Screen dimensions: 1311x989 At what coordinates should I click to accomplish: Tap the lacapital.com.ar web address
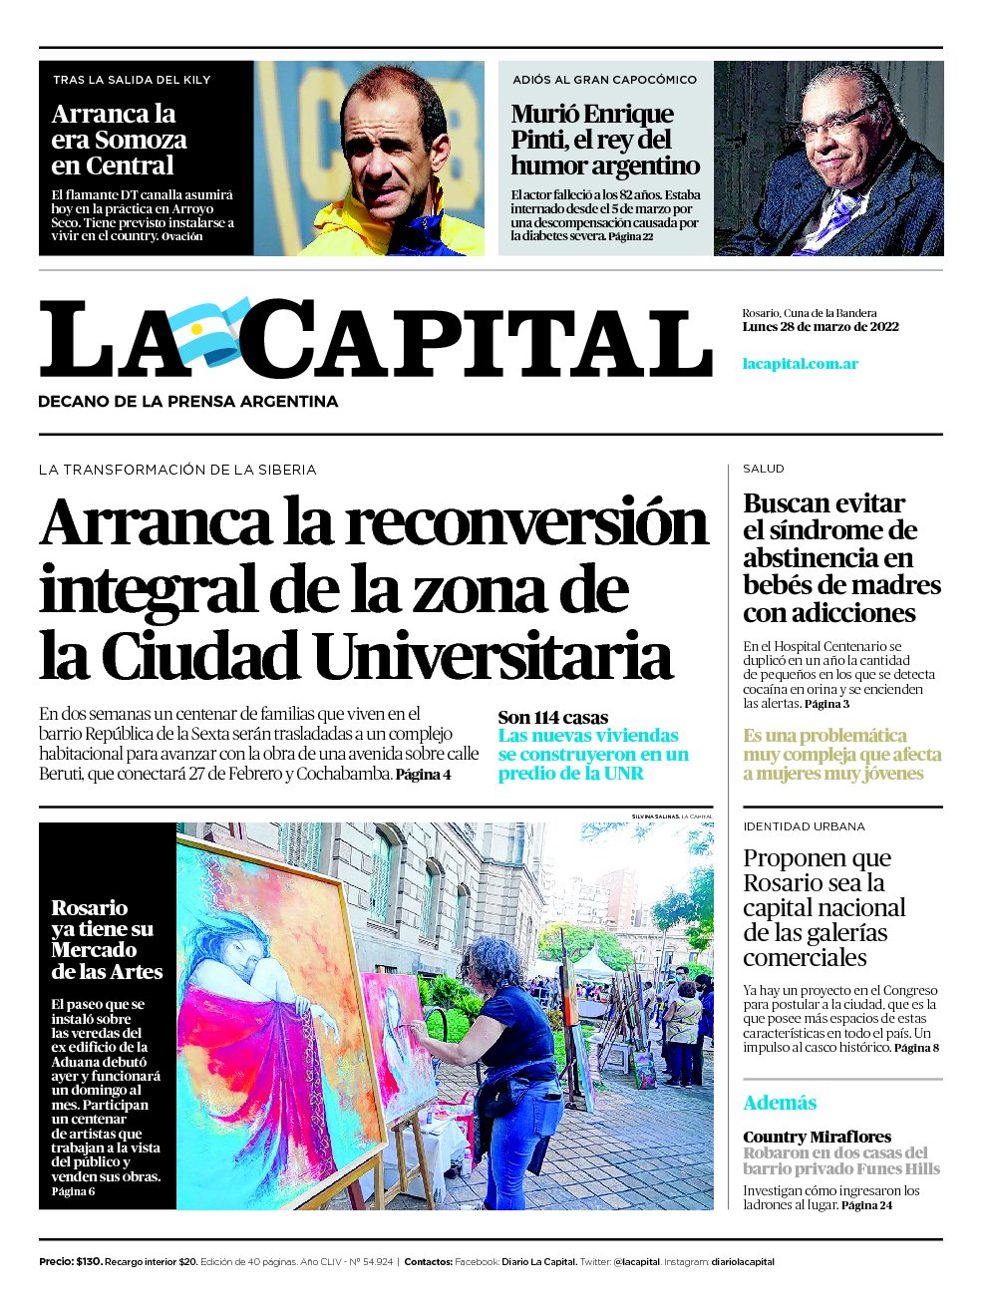tap(801, 363)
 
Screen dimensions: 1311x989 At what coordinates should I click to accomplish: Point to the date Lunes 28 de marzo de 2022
tap(821, 327)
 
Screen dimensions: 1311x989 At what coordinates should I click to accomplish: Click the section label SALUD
tap(764, 469)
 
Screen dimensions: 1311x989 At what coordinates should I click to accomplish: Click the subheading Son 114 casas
tap(553, 717)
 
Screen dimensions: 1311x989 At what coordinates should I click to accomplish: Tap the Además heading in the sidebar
tap(780, 1103)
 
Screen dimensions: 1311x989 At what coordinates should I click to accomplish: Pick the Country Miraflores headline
tap(818, 1137)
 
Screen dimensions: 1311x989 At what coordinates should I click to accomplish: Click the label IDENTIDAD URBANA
tap(804, 826)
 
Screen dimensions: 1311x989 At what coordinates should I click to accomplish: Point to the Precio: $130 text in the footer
tap(71, 1262)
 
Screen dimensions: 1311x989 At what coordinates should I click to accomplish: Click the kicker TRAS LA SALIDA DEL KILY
tap(132, 80)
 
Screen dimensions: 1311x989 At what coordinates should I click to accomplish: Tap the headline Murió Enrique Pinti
tap(605, 140)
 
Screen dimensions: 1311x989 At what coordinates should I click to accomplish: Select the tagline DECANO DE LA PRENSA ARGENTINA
tap(188, 402)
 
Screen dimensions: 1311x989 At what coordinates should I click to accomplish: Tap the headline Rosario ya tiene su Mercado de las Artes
tap(107, 939)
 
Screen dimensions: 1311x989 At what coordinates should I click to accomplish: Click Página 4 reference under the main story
tap(424, 775)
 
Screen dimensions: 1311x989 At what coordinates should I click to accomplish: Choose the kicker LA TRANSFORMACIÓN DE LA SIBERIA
tap(177, 470)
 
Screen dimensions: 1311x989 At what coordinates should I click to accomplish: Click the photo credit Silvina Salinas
tap(655, 817)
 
